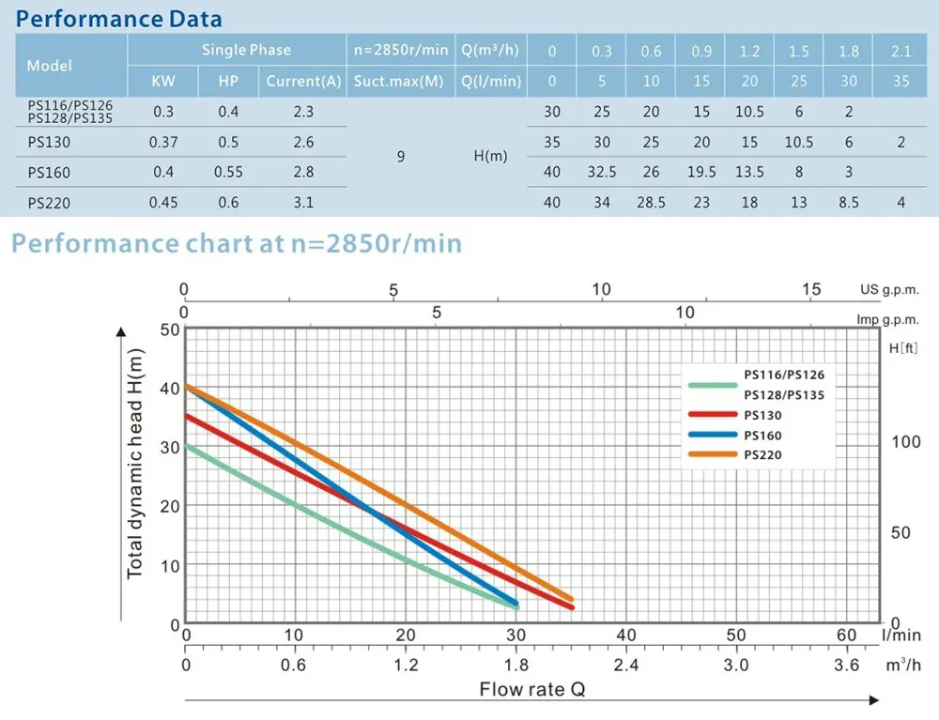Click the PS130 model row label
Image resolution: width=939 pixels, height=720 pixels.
(x=49, y=143)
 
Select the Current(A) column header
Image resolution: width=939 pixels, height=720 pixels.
(x=303, y=81)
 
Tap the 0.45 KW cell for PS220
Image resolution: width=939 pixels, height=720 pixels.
(x=163, y=202)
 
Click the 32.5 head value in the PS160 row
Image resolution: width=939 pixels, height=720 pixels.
(x=601, y=173)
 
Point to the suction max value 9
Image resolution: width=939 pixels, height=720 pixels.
(x=401, y=157)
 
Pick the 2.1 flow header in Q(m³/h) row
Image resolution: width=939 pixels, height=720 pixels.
(x=901, y=51)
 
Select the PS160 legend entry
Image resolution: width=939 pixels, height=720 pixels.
(x=762, y=436)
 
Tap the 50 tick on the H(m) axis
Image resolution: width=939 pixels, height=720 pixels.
(x=169, y=330)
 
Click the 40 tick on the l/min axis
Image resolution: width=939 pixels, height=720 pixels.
(x=625, y=636)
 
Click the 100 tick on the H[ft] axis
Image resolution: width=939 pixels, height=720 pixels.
(x=905, y=442)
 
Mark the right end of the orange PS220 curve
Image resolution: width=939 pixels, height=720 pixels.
(x=570, y=599)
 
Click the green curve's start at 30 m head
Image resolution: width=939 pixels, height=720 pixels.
(x=187, y=446)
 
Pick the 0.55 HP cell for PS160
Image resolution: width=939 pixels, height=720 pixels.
(x=228, y=173)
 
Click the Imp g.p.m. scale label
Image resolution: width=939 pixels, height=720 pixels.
(x=886, y=319)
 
